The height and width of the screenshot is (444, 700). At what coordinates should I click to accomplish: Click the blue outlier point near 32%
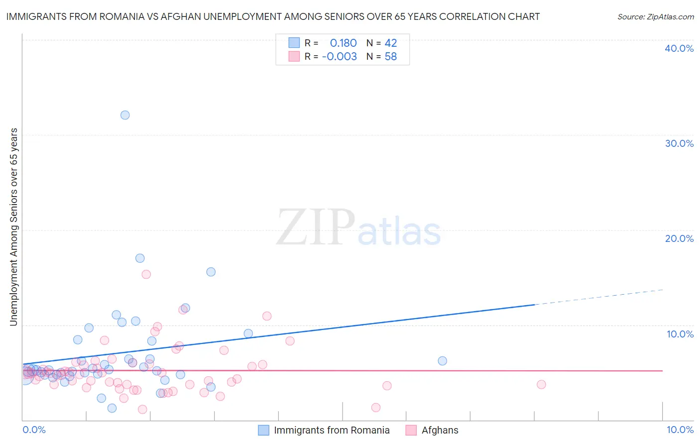(125, 115)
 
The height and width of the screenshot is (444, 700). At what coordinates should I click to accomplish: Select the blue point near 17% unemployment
(140, 258)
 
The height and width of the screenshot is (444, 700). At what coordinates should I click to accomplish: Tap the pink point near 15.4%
(146, 274)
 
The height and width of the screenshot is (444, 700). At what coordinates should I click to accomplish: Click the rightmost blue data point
(442, 361)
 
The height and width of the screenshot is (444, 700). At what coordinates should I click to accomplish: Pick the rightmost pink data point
(541, 384)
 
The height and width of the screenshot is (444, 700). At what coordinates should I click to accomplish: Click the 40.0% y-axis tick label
(679, 48)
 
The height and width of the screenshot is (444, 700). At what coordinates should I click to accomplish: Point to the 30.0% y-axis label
(679, 143)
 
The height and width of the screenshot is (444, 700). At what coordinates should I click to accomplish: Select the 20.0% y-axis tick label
(679, 238)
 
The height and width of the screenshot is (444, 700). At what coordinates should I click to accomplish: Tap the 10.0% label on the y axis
(679, 334)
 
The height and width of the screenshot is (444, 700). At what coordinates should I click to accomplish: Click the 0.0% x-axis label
(34, 430)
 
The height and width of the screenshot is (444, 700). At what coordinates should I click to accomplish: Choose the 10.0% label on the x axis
(680, 430)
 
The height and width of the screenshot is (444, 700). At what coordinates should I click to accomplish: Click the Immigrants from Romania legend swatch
(263, 430)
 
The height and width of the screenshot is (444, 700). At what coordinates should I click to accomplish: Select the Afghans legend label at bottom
(440, 430)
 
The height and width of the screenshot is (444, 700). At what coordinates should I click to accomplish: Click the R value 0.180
(343, 43)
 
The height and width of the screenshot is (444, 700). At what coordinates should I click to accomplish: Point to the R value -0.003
(339, 57)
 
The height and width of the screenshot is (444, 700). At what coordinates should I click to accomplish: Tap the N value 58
(391, 57)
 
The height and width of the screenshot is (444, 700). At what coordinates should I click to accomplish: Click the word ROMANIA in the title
(124, 16)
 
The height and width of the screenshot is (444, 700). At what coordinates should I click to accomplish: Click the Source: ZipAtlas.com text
(655, 16)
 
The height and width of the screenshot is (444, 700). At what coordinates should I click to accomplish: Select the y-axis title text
(13, 227)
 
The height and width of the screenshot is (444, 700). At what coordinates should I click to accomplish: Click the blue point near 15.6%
(211, 272)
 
